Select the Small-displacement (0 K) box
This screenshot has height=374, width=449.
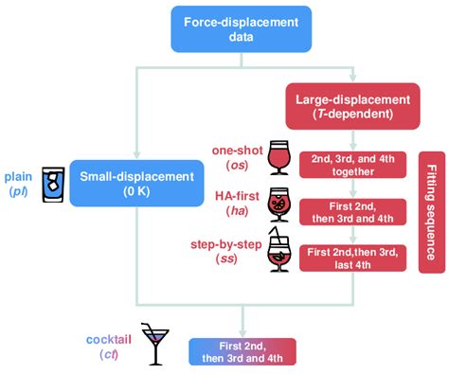138,183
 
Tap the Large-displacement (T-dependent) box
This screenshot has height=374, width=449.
352,105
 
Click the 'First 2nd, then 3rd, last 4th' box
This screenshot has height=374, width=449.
352,258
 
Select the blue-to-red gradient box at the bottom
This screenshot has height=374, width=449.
243,350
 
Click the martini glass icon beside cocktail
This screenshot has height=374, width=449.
153,343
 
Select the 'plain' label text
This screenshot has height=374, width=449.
19,176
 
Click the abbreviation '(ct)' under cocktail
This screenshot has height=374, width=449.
109,354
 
